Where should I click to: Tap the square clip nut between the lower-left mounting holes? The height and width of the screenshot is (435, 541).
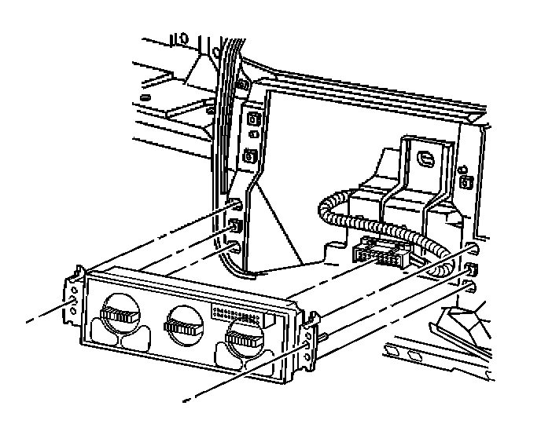(236, 228)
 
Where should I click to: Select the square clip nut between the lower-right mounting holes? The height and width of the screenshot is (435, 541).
(470, 269)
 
